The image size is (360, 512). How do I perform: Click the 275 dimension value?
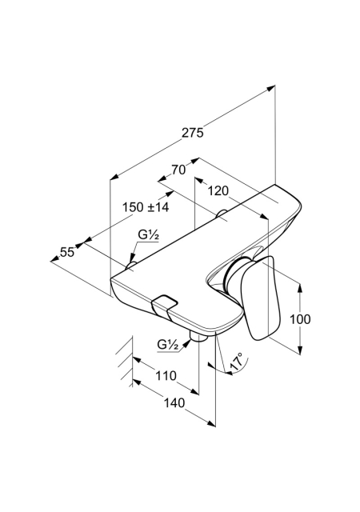pyautogui.click(x=193, y=133)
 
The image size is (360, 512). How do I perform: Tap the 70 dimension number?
pyautogui.click(x=178, y=170)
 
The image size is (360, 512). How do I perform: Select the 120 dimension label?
pyautogui.click(x=218, y=190)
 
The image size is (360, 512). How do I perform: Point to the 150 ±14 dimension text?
pyautogui.click(x=146, y=207)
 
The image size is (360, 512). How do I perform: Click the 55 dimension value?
pyautogui.click(x=68, y=252)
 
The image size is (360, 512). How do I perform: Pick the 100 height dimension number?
pyautogui.click(x=300, y=319)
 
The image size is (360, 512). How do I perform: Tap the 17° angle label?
pyautogui.click(x=237, y=361)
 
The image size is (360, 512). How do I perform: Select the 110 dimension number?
pyautogui.click(x=166, y=376)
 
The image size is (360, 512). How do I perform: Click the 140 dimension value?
pyautogui.click(x=174, y=403)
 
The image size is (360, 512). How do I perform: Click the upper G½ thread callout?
pyautogui.click(x=148, y=234)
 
